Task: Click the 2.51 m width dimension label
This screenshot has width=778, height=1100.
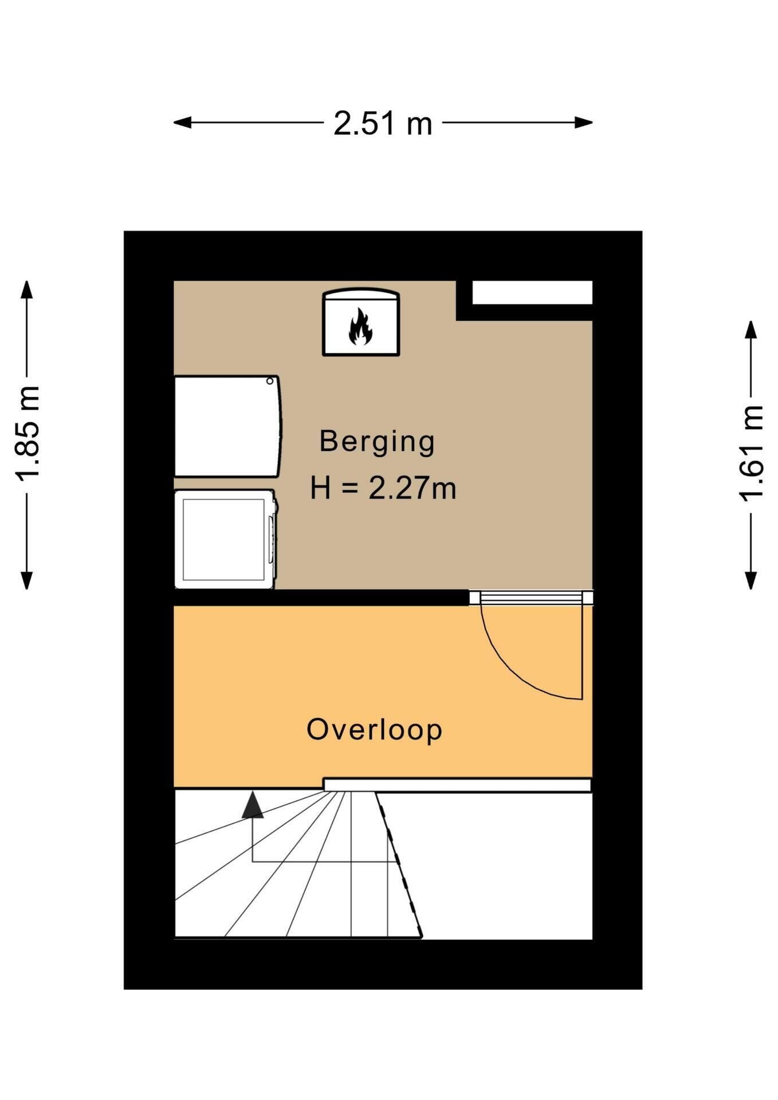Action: pyautogui.click(x=383, y=123)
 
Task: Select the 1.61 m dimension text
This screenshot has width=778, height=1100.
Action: pyautogui.click(x=751, y=453)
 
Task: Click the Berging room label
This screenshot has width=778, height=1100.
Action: pyautogui.click(x=377, y=441)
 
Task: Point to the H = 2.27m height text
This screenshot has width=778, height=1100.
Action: pyautogui.click(x=383, y=489)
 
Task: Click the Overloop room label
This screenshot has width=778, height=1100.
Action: pyautogui.click(x=374, y=729)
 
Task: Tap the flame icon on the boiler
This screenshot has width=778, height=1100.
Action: pyautogui.click(x=360, y=327)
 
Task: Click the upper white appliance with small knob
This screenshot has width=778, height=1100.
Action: pyautogui.click(x=227, y=426)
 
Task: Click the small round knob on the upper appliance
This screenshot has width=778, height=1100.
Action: pyautogui.click(x=270, y=381)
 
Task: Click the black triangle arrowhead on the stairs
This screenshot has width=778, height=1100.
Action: pyautogui.click(x=253, y=804)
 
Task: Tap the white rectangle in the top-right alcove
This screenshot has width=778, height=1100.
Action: pyautogui.click(x=532, y=293)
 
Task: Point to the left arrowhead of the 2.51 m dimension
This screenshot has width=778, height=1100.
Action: pyautogui.click(x=182, y=122)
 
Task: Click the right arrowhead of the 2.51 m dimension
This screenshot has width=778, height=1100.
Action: pyautogui.click(x=584, y=122)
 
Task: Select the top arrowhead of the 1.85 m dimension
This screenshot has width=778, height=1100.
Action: pyautogui.click(x=27, y=289)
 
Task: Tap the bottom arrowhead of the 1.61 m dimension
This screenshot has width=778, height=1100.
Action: pyautogui.click(x=751, y=580)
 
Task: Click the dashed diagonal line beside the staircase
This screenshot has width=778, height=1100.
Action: pyautogui.click(x=399, y=865)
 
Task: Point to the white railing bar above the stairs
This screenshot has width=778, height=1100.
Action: pyautogui.click(x=457, y=785)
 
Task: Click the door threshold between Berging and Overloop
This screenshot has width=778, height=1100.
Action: pyautogui.click(x=531, y=598)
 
